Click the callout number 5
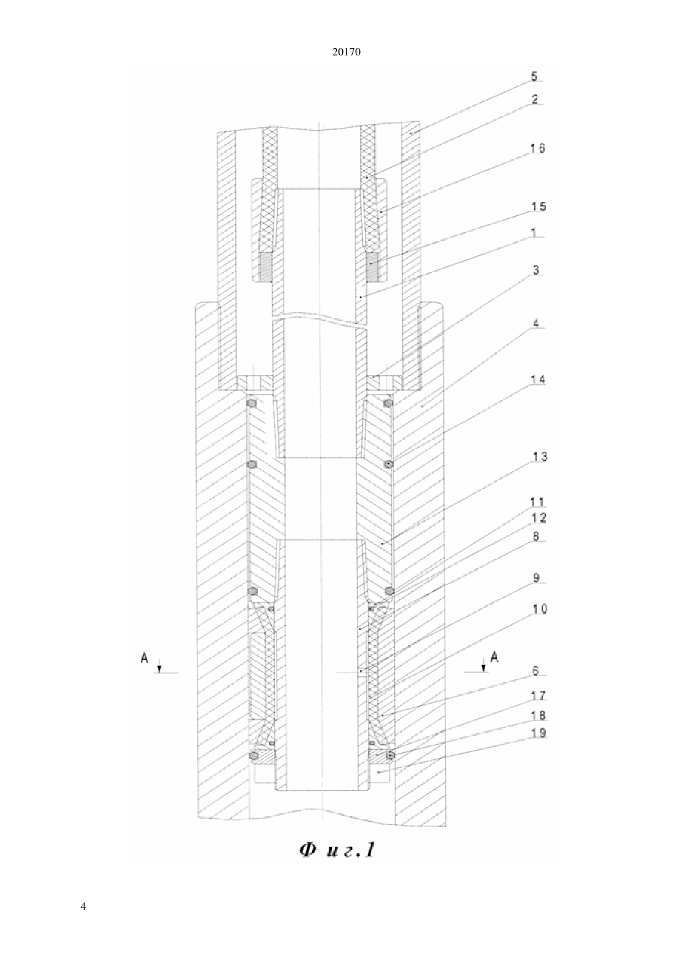tap(535, 76)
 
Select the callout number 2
tap(535, 99)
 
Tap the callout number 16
tap(538, 148)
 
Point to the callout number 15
tap(538, 207)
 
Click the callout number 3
tap(535, 270)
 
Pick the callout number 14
tap(538, 380)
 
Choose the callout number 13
tap(539, 457)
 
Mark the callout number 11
tap(538, 502)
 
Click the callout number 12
tap(539, 518)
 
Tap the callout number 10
tap(539, 608)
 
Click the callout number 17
tap(539, 696)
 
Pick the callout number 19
tap(539, 733)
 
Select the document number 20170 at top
tap(346, 52)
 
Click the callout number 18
tap(539, 715)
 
